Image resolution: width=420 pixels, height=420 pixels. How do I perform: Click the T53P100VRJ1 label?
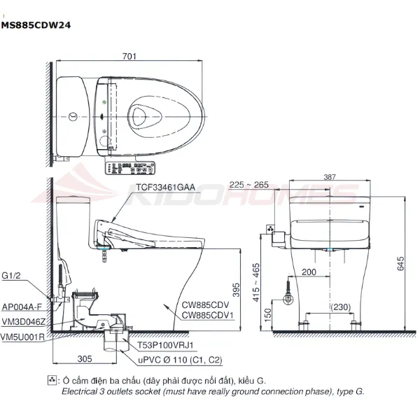click(164, 345)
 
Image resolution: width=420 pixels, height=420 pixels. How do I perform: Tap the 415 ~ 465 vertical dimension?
click(256, 282)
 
